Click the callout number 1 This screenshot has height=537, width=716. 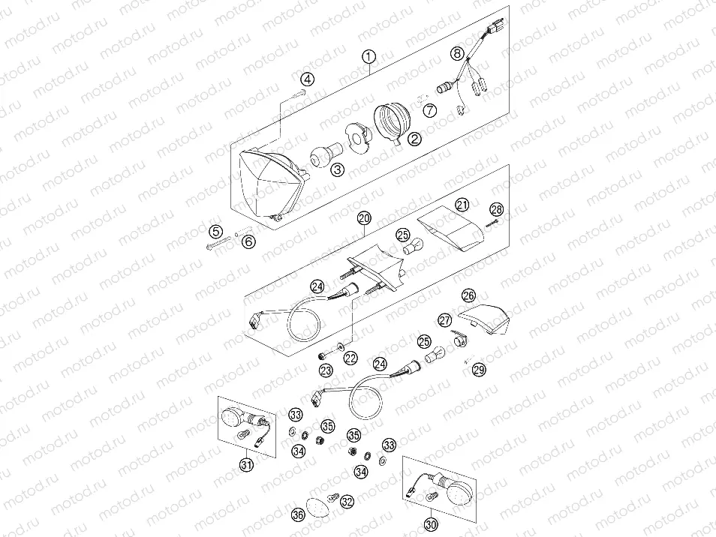tap(368, 57)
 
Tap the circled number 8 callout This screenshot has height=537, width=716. tap(457, 53)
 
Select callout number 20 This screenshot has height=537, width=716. tap(364, 218)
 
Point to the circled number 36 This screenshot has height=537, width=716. tap(298, 514)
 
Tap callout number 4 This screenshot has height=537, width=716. tap(308, 79)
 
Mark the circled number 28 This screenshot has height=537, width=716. tap(496, 209)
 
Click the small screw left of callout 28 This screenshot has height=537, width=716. tap(489, 220)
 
